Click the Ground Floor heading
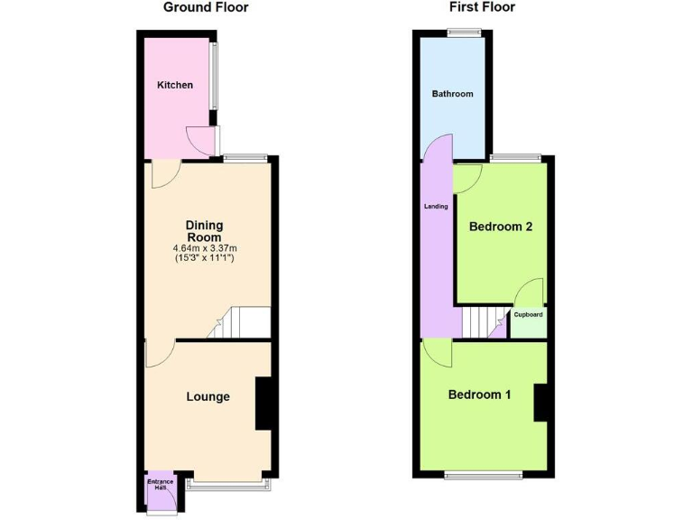tap(205, 7)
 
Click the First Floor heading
tap(482, 7)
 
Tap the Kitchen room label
tap(175, 86)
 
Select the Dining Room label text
tap(204, 231)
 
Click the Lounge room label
tap(208, 396)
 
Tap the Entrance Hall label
tap(159, 485)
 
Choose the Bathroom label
tap(452, 94)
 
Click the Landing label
tap(436, 207)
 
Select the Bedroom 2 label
tap(500, 227)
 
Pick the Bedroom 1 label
tap(480, 395)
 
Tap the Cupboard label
tap(528, 315)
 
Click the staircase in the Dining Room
tap(242, 322)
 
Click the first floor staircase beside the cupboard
tap(484, 320)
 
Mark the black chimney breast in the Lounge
tap(264, 404)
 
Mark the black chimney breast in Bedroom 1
tap(541, 403)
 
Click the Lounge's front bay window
tap(226, 485)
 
